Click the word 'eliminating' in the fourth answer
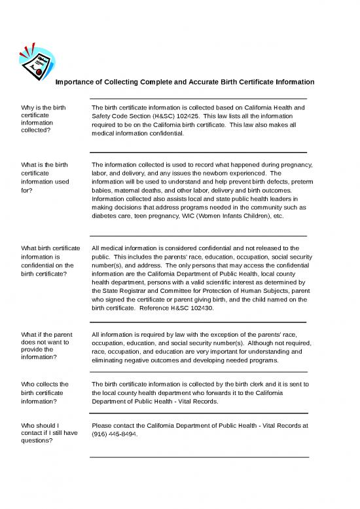(x=112, y=360)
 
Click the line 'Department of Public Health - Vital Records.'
(x=156, y=402)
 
